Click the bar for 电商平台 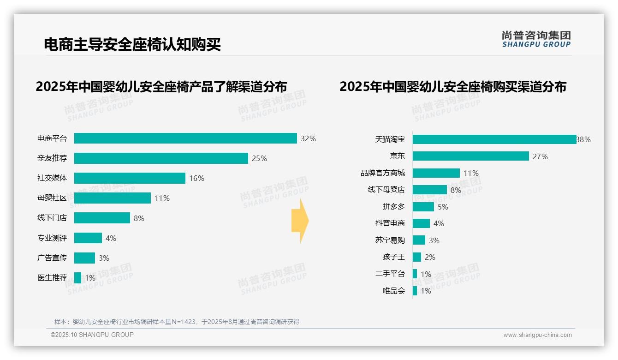pos(185,138)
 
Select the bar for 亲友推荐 pos(161,158)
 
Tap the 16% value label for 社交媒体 pos(196,178)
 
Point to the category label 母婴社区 pos(52,198)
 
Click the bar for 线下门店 pos(102,218)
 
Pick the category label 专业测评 pos(52,238)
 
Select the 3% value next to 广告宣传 pos(104,258)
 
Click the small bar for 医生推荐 pos(77,278)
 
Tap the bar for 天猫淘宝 pos(494,139)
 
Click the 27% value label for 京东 pos(540,156)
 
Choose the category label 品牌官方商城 pos(383,173)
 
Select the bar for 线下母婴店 pos(429,190)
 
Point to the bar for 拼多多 pos(423,207)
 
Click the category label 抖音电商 pos(390,223)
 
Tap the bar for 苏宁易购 pos(419,240)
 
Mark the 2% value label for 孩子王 pos(430,257)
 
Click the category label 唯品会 pos(394,291)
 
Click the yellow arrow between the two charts pos(300,221)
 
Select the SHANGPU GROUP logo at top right pos(536,39)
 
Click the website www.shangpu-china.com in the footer pos(537,335)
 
